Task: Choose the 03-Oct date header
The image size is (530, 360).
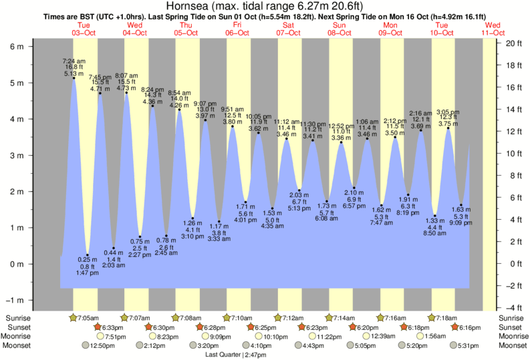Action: coord(85,32)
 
